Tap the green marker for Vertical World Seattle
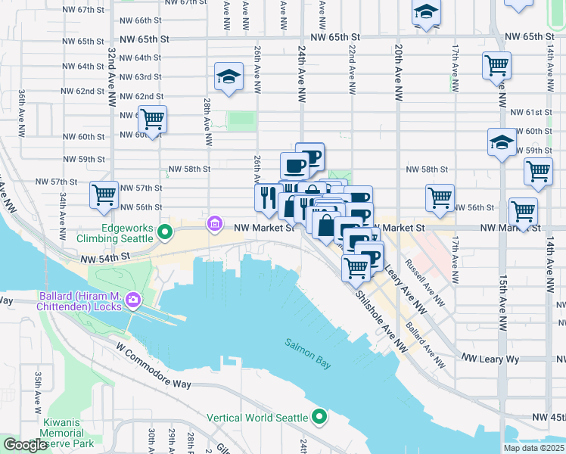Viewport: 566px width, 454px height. (x=319, y=417)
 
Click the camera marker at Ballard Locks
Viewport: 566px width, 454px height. (x=133, y=300)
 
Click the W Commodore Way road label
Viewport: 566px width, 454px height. (x=154, y=371)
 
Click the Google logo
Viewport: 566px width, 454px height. (x=25, y=445)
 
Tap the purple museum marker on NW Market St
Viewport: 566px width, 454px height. (x=215, y=225)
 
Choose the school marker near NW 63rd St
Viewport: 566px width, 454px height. (x=229, y=77)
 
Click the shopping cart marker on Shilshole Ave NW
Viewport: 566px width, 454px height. (x=356, y=266)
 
